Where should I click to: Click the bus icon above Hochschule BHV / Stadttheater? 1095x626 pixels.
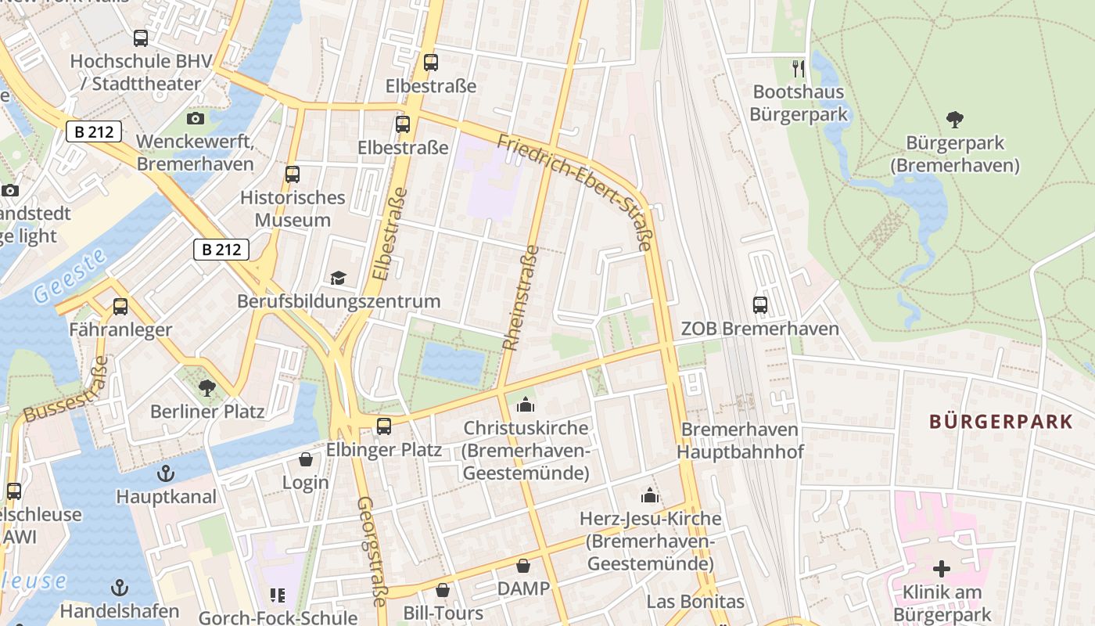click(141, 38)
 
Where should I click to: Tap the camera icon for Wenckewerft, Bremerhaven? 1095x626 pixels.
click(196, 119)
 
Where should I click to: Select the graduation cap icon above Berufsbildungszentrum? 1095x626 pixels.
click(338, 279)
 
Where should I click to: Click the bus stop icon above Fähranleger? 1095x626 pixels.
click(120, 307)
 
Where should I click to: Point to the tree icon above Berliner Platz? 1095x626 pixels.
click(206, 387)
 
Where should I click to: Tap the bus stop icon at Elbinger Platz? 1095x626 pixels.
click(383, 426)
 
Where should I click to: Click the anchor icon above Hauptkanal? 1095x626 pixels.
click(166, 473)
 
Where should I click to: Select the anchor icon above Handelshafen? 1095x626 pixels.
click(120, 588)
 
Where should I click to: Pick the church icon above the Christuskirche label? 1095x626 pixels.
click(526, 405)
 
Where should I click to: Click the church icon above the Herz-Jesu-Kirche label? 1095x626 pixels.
click(650, 495)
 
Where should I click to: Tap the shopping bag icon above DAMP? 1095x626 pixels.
click(523, 565)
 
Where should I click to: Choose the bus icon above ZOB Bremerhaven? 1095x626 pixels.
click(759, 305)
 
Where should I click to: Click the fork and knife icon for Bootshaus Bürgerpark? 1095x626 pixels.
click(798, 69)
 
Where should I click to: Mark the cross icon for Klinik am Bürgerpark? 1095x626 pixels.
click(942, 569)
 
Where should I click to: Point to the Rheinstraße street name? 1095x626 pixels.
click(521, 297)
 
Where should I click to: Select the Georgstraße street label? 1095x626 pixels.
click(372, 552)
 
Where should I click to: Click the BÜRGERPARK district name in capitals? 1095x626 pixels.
click(1000, 422)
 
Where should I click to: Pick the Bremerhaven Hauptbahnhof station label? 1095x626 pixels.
click(740, 441)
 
